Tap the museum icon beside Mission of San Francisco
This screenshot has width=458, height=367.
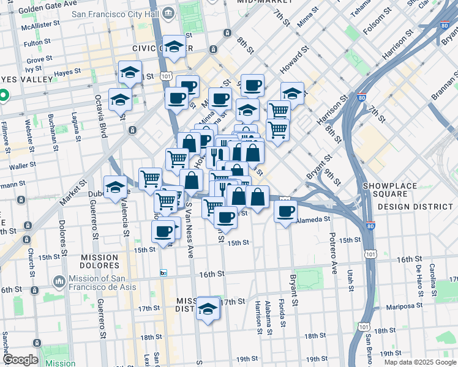(59, 281)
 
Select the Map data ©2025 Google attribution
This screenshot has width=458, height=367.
(419, 362)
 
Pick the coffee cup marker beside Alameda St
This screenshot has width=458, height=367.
(285, 212)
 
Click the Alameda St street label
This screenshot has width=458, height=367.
(313, 218)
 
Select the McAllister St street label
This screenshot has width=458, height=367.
(40, 27)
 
